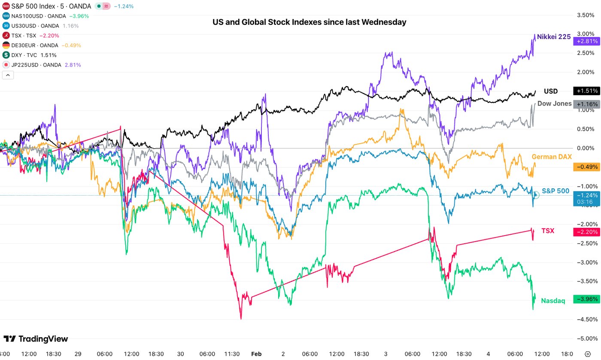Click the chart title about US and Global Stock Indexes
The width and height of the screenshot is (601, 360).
[x=309, y=22]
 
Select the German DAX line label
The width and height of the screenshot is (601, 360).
[x=552, y=157]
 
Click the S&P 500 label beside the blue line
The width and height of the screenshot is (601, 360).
[x=555, y=191]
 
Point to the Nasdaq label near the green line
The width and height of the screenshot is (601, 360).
[x=553, y=301]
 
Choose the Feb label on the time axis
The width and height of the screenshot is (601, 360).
[x=256, y=354]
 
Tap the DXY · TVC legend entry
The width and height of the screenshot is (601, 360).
[x=24, y=55]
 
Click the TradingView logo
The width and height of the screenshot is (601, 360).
[x=36, y=339]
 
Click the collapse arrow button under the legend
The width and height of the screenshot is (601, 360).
[x=8, y=75]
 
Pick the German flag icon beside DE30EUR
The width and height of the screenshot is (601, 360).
[x=6, y=45]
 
